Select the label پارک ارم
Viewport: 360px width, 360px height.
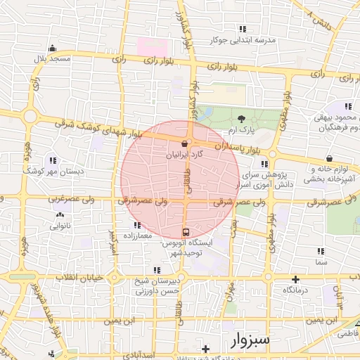coord(243,130)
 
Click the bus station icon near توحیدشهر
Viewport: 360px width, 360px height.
coord(186,231)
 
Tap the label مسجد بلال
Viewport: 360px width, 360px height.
coord(53,59)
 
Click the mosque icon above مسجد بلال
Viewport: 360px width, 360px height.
coord(52,49)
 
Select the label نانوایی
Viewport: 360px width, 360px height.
coord(58,226)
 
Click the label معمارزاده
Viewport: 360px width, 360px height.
coord(136,235)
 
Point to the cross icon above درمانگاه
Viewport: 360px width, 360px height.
coord(296,279)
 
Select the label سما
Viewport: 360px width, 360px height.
coord(322,262)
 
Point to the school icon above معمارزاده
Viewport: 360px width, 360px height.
coord(136,225)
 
